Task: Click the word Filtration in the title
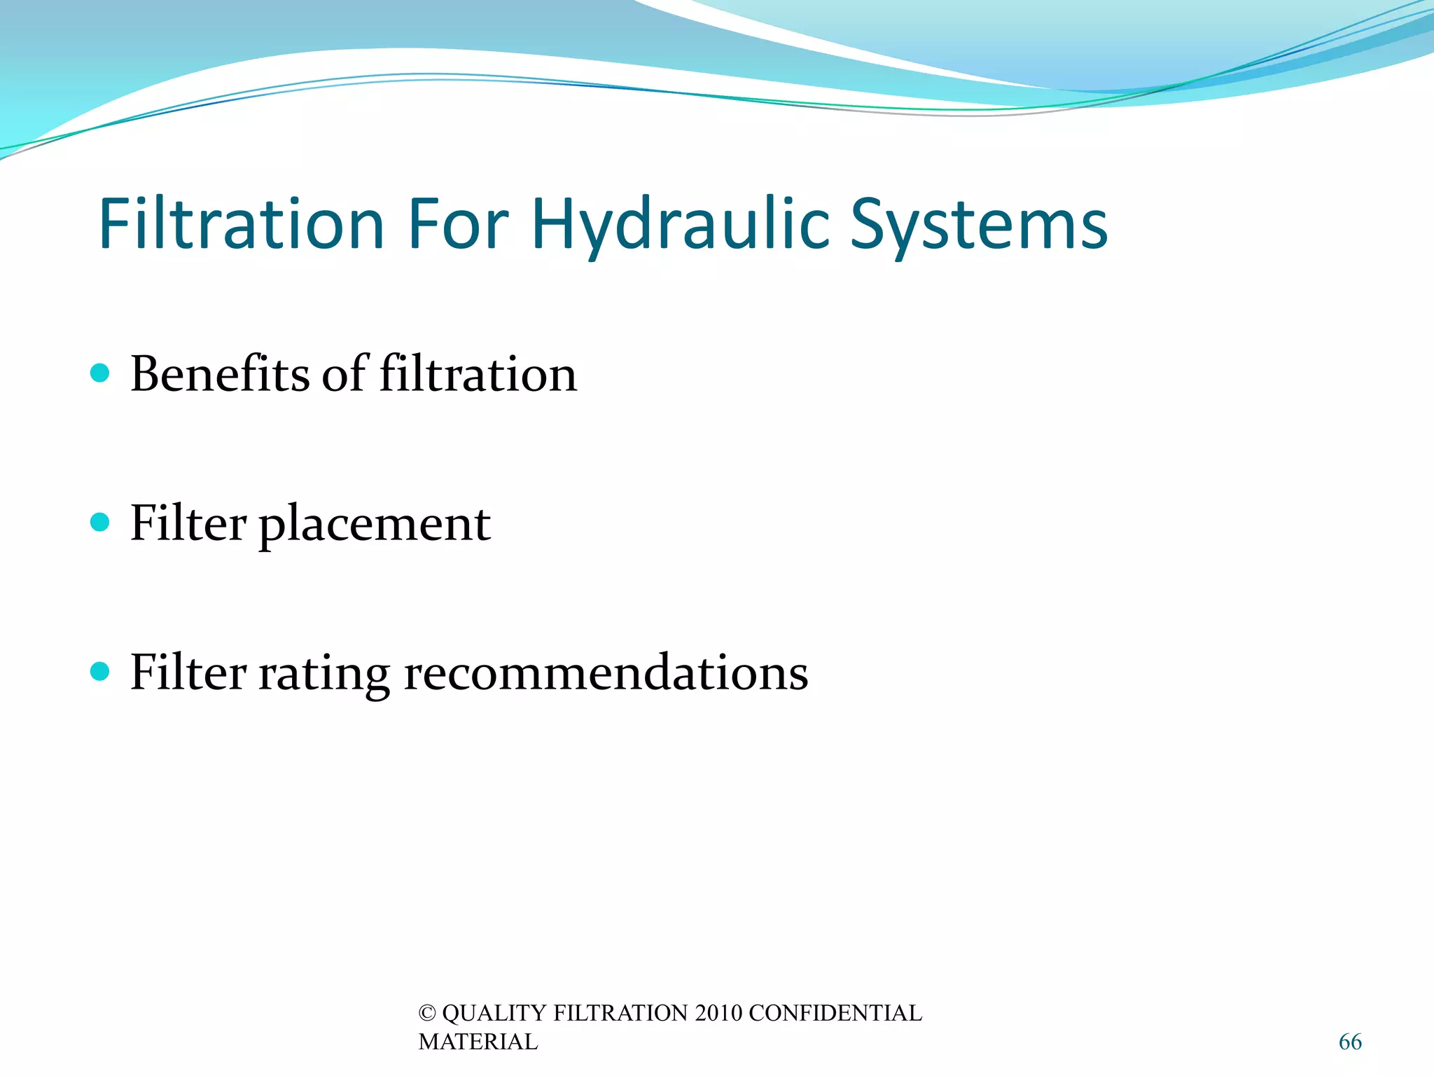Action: tap(242, 224)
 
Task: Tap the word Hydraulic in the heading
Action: tap(681, 224)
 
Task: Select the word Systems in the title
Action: tap(978, 224)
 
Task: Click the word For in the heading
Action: tap(458, 224)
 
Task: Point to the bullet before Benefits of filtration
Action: tap(100, 373)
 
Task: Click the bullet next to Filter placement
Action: tap(100, 522)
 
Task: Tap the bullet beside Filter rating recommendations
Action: tap(100, 672)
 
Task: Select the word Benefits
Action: tap(219, 373)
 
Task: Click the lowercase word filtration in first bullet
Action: tap(478, 373)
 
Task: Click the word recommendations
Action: tap(606, 672)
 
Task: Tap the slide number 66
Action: tap(1350, 1042)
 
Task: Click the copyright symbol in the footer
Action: tap(426, 1013)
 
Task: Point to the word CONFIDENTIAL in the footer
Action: tap(835, 1013)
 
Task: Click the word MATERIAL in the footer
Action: tap(478, 1042)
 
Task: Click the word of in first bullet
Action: tap(344, 373)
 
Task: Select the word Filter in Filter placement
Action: tap(188, 523)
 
